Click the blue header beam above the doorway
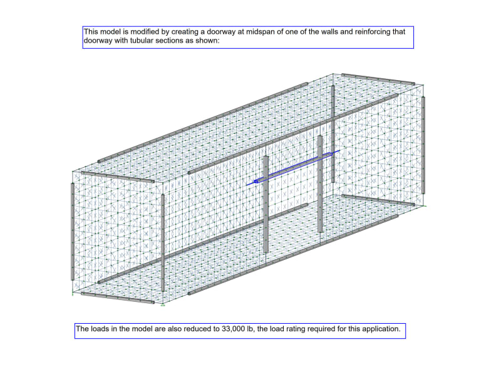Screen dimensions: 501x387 pyautogui.click(x=293, y=168)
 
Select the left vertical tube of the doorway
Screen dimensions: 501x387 pyautogui.click(x=266, y=204)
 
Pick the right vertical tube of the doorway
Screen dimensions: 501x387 pyautogui.click(x=320, y=183)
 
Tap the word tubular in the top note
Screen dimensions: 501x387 pyautogui.click(x=142, y=41)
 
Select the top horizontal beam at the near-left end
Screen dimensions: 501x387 pyautogui.click(x=118, y=177)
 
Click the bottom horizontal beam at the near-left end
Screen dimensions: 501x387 pyautogui.click(x=118, y=297)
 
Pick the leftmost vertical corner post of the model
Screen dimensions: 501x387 pyautogui.click(x=73, y=231)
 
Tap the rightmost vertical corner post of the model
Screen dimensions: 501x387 pyautogui.click(x=424, y=145)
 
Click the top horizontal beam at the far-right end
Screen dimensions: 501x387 pyautogui.click(x=378, y=79)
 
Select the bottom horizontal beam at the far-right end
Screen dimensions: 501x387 pyautogui.click(x=378, y=199)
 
